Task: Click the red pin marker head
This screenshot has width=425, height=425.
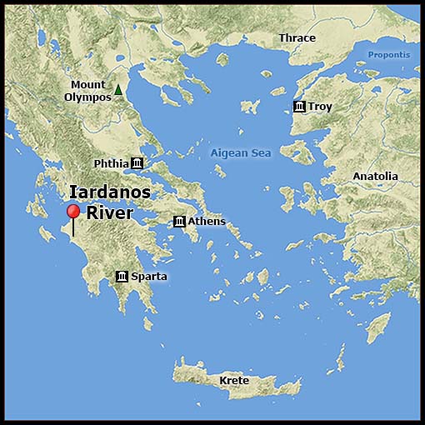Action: coord(73,212)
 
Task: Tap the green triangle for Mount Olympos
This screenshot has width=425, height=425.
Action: coord(119,90)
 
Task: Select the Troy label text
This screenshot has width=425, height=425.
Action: coord(320,107)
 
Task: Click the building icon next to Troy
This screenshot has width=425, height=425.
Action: coord(299,107)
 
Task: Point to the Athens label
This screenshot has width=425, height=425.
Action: coord(207,221)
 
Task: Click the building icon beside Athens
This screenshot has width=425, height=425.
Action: coord(179,221)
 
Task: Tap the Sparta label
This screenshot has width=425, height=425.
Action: coord(149,276)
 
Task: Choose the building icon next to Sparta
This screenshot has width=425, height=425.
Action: coord(122,276)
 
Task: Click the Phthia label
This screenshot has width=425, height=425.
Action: coord(110,162)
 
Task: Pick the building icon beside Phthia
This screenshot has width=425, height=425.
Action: coord(137,162)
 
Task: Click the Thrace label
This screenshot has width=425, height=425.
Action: coord(297,38)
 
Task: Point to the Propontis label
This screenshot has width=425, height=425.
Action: coord(389,55)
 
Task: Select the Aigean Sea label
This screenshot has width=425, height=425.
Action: coord(241,153)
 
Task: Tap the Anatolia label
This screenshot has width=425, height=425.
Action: coord(375,177)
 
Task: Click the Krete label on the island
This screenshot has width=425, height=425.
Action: coord(234,381)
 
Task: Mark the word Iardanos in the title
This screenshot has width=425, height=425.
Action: coord(109,192)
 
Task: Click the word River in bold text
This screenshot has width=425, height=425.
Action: coord(110,213)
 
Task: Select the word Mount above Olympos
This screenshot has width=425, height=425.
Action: coord(87,84)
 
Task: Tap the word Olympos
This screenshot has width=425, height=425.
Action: coord(87,97)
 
